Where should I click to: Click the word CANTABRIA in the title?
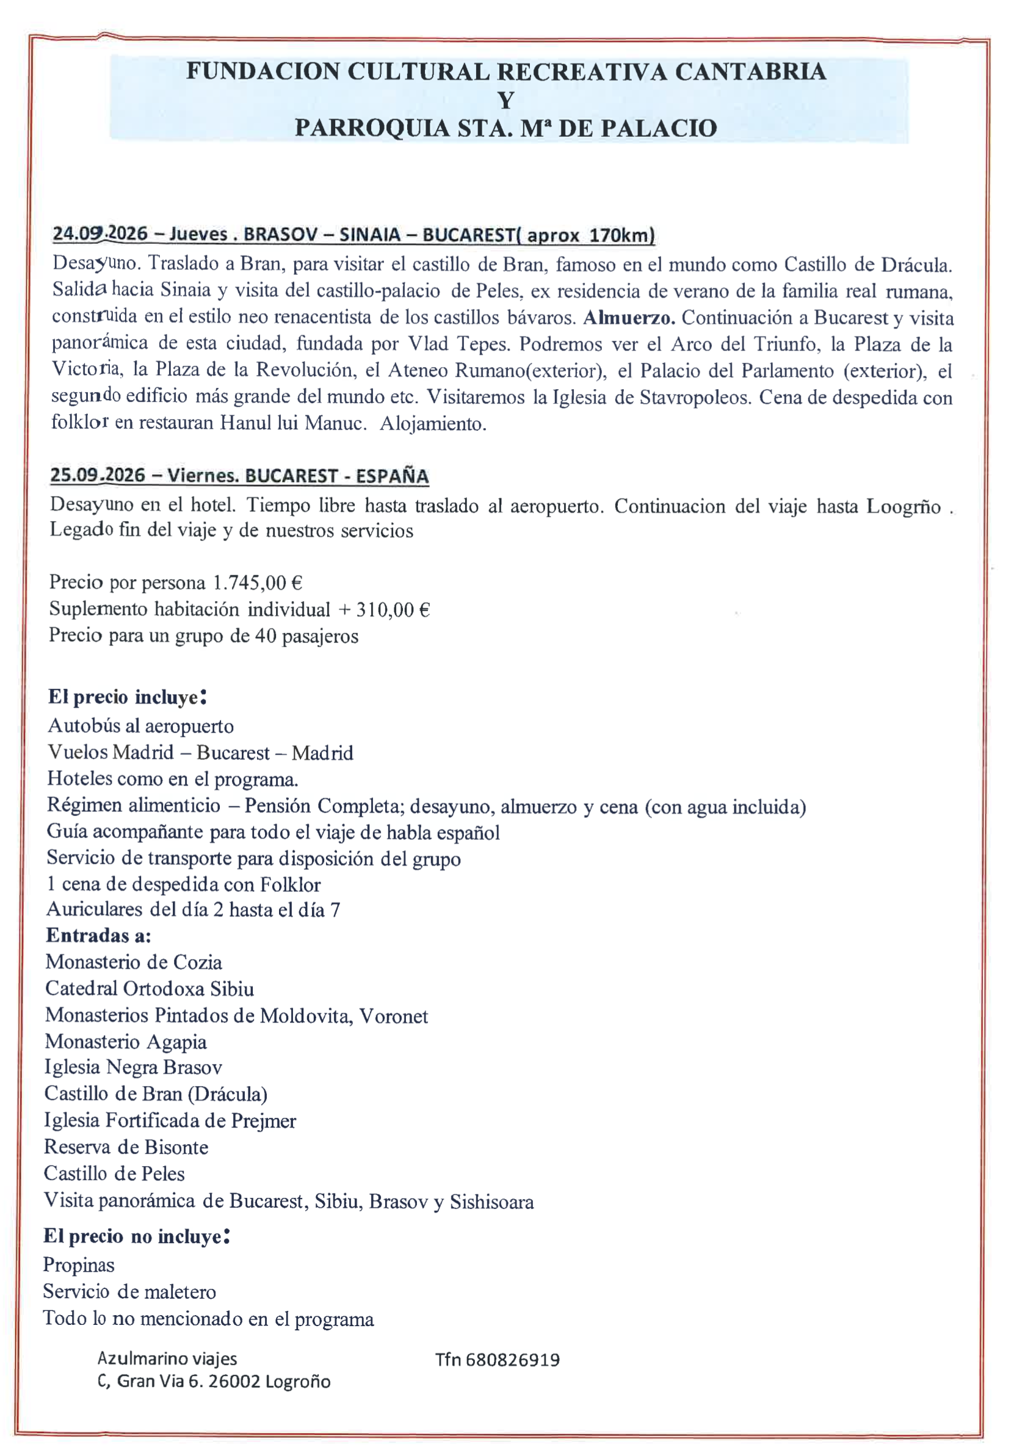[x=750, y=71]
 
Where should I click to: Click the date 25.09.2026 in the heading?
[x=98, y=475]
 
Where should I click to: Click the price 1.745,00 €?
[x=257, y=582]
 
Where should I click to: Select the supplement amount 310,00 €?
[x=393, y=610]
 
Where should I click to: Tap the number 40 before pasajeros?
[x=266, y=636]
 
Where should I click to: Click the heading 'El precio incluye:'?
[x=128, y=697]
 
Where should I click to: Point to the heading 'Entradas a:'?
[x=99, y=935]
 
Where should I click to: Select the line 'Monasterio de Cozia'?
[x=134, y=962]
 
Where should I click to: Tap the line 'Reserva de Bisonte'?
[x=126, y=1147]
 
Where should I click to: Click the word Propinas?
[x=79, y=1264]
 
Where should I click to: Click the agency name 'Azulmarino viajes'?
[x=167, y=1358]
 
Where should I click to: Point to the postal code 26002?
[x=234, y=1382]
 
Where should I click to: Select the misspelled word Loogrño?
[x=904, y=506]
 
